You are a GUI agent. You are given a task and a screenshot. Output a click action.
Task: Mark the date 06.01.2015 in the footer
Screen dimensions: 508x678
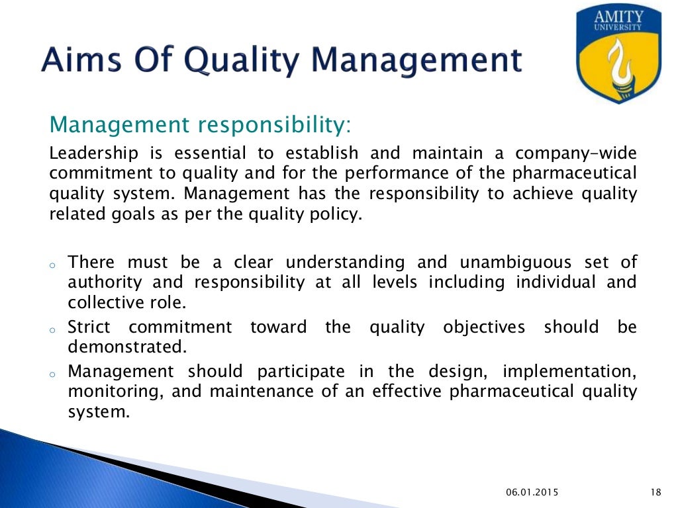pyautogui.click(x=532, y=491)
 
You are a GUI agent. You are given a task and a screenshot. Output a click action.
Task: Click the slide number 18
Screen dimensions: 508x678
pyautogui.click(x=655, y=491)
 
